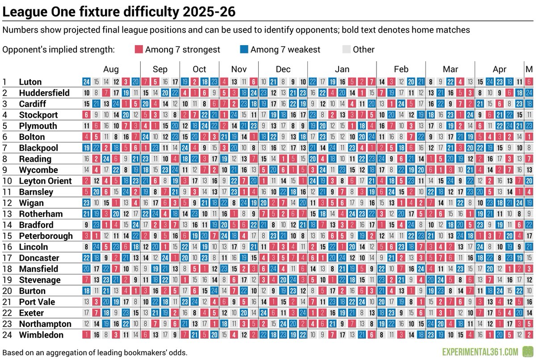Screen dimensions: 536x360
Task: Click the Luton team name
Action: coord(30,82)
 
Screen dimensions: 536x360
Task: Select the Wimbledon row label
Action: coord(41,335)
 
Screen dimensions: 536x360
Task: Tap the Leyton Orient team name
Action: coord(45,181)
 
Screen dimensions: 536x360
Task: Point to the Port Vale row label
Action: coord(37,302)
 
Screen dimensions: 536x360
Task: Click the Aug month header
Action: coord(111,69)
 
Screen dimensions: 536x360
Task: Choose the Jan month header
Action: coord(342,69)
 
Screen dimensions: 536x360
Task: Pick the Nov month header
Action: coord(239,69)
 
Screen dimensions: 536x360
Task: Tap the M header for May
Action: coord(529,69)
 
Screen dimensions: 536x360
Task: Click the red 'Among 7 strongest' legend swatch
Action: coord(139,49)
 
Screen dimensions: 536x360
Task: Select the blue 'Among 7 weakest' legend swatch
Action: coord(244,49)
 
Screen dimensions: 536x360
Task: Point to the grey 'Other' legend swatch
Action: coord(347,49)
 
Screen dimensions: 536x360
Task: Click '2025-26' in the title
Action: coord(209,12)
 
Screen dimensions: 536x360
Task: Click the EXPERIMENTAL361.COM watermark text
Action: coord(480,352)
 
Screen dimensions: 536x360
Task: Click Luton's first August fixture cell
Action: coord(86,82)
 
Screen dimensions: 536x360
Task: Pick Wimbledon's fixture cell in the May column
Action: coord(529,335)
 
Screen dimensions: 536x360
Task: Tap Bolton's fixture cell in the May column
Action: coord(529,137)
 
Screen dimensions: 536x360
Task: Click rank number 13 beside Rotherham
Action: coord(7,214)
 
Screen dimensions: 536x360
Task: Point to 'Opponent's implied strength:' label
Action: coord(59,50)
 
